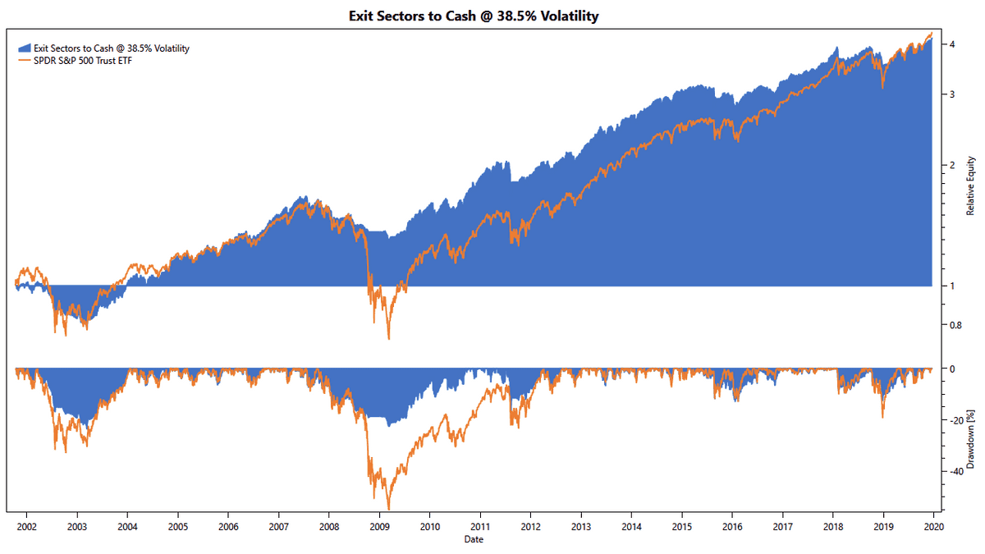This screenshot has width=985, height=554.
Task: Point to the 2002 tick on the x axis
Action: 26,528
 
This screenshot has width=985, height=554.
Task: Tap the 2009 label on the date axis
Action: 379,528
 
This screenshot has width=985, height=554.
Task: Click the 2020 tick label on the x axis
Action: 933,528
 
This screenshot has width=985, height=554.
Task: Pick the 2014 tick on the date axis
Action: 631,528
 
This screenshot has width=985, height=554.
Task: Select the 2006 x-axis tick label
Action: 228,528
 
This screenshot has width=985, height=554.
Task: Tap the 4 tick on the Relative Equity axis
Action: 951,44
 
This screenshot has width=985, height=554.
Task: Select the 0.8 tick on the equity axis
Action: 954,325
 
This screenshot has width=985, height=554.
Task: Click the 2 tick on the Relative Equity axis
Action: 951,165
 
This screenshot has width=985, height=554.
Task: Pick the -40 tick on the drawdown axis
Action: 955,471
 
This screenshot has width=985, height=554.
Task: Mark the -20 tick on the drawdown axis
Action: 955,420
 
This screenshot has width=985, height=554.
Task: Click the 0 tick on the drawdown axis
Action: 951,369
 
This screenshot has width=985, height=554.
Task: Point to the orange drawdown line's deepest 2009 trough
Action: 388,508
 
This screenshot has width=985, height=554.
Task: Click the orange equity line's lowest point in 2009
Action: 388,338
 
